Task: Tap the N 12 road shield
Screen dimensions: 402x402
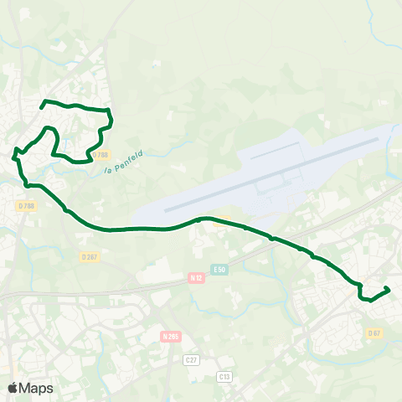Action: click(x=196, y=277)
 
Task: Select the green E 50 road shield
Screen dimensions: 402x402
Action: click(x=219, y=269)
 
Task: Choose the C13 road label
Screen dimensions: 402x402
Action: click(x=224, y=376)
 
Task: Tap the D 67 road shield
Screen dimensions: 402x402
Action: click(x=374, y=332)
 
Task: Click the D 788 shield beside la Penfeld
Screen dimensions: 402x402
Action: click(x=101, y=155)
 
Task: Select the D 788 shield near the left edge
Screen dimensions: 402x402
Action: click(x=25, y=204)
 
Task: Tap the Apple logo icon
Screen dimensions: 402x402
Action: click(x=13, y=388)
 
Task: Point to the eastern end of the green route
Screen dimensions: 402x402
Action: click(x=389, y=289)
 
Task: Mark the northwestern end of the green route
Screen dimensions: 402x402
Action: click(x=42, y=106)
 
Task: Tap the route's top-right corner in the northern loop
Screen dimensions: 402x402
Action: click(x=110, y=111)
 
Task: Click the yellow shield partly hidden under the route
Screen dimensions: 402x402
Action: click(x=220, y=223)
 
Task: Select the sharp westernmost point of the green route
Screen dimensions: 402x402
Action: click(x=13, y=155)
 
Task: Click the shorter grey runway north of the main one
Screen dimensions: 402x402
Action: click(x=276, y=152)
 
